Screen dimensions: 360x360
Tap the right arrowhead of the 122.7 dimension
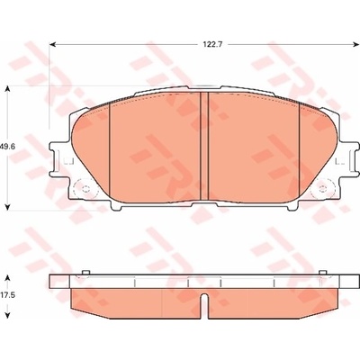(355, 45)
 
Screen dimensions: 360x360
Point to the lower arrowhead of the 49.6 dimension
(8, 206)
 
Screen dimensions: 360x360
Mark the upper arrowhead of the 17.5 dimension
(8, 278)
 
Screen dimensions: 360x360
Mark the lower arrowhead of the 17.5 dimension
(8, 314)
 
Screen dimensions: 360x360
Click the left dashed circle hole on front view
(85, 189)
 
